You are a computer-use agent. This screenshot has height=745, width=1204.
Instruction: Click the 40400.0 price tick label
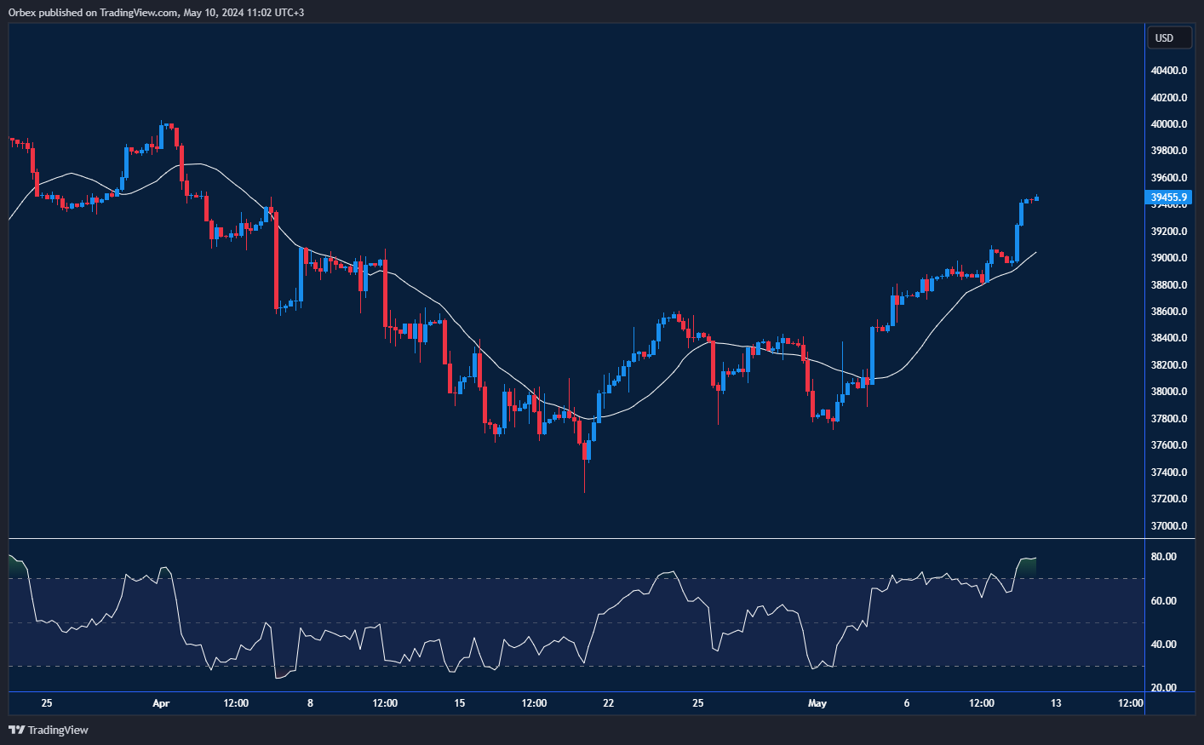point(1168,71)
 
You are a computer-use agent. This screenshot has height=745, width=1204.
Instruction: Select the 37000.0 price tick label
point(1168,526)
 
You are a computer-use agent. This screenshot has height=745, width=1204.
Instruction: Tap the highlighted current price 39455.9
point(1168,198)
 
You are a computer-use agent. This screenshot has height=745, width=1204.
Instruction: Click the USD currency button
point(1164,37)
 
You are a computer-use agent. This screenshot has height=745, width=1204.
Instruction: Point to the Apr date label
point(161,703)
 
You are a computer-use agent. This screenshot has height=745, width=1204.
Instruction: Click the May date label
point(817,703)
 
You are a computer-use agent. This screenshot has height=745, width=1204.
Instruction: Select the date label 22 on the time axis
point(608,703)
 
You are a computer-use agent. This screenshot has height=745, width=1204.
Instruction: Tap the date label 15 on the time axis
point(460,703)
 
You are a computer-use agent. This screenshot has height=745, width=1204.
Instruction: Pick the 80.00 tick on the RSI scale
point(1163,557)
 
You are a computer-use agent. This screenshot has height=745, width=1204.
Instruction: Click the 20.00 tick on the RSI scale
point(1163,688)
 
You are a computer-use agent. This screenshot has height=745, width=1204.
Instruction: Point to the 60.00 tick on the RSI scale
point(1163,601)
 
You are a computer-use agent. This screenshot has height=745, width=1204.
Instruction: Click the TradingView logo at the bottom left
point(49,730)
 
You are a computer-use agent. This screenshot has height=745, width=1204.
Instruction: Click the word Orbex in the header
point(22,13)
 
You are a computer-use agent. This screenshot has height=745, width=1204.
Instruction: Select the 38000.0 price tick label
point(1168,392)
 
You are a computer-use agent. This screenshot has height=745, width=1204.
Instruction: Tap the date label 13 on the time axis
point(1056,703)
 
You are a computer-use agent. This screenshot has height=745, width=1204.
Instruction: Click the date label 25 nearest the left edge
point(47,703)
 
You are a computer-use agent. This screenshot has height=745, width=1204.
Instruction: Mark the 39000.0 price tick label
point(1168,258)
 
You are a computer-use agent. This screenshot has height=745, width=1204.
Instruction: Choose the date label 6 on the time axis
point(907,703)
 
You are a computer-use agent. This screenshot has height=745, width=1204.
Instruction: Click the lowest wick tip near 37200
point(585,491)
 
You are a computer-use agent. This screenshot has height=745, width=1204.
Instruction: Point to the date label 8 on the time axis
point(310,703)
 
